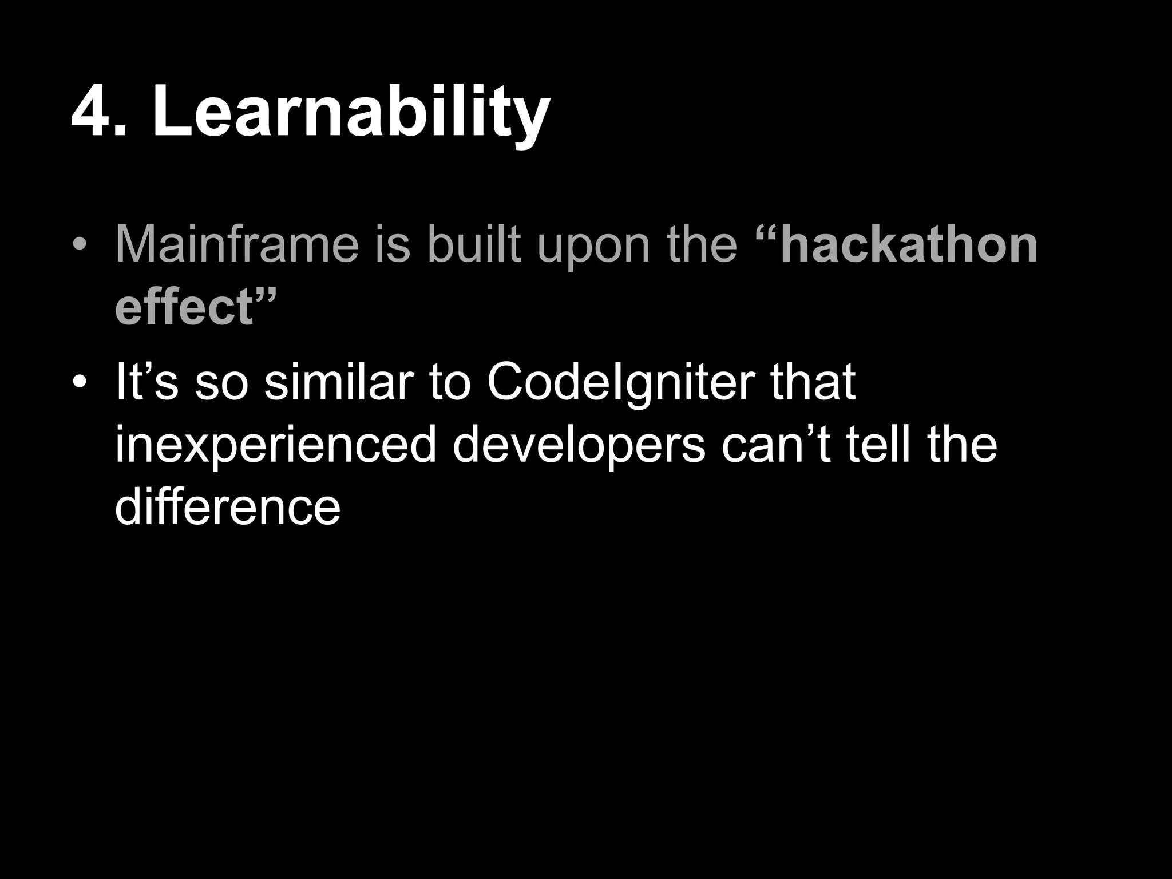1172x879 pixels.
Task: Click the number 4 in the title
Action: [x=93, y=111]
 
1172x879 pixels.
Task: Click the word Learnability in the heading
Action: [x=350, y=111]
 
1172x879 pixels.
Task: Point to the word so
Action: [x=221, y=382]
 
